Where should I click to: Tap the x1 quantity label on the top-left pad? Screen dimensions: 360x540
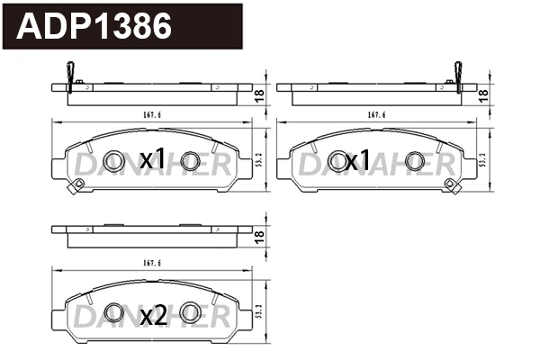pyautogui.click(x=152, y=160)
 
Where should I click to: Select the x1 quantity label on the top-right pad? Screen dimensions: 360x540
pyautogui.click(x=357, y=160)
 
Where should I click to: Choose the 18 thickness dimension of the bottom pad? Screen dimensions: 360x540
pyautogui.click(x=258, y=236)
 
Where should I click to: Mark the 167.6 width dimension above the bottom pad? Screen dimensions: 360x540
pyautogui.click(x=151, y=264)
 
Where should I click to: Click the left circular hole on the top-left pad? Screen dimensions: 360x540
pyautogui.click(x=112, y=161)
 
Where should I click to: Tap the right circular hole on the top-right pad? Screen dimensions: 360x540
pyautogui.click(x=415, y=161)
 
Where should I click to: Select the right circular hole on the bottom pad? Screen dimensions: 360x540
pyautogui.click(x=189, y=312)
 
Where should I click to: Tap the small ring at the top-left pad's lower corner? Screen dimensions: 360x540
pyautogui.click(x=78, y=185)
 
